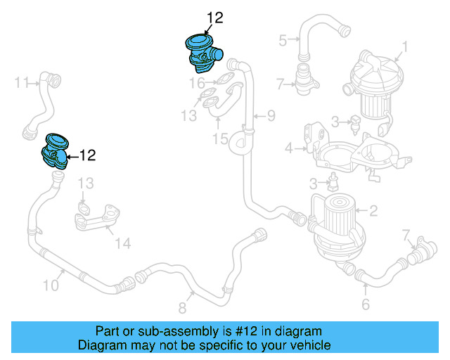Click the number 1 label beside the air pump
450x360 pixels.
404,48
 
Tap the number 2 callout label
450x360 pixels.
374,210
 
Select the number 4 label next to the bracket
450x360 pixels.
288,148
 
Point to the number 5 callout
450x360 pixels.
283,40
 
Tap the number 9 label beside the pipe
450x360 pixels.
270,115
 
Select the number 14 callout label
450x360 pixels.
123,243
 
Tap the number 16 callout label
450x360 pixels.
196,84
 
